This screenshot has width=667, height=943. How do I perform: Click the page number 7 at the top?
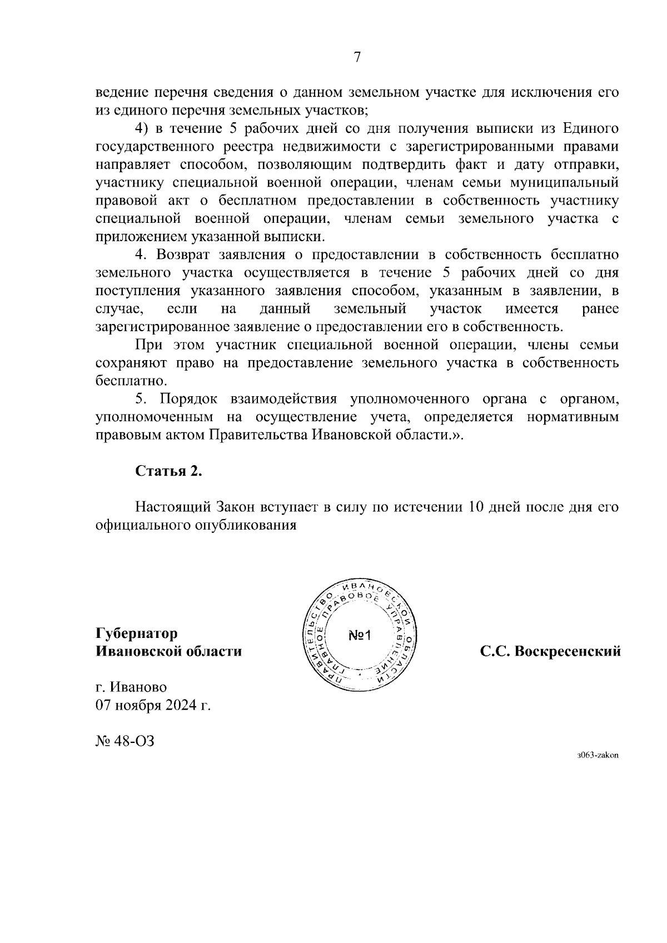click(357, 57)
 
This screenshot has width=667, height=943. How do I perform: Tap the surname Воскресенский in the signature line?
click(568, 651)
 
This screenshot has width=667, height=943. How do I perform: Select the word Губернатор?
click(137, 633)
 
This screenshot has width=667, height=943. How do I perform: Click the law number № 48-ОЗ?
click(125, 741)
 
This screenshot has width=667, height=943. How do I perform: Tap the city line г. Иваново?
click(131, 687)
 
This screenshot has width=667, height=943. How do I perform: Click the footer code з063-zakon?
click(598, 755)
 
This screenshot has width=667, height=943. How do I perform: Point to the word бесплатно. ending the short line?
click(131, 381)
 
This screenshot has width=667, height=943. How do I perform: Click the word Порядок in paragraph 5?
click(187, 399)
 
